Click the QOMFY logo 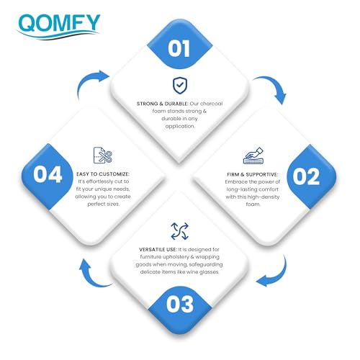tap(58, 27)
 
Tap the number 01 tap(179, 49)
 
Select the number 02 tap(306, 176)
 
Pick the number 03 tap(180, 304)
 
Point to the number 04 tap(48, 174)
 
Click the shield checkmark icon tap(180, 86)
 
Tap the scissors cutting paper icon tap(103, 156)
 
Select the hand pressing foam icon tap(253, 156)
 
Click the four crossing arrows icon tap(180, 231)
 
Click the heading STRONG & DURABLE tap(162, 104)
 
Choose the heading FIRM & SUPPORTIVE tap(253, 174)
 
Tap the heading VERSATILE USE tap(158, 250)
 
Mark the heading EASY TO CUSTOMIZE tap(103, 174)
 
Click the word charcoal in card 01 tap(212, 104)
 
